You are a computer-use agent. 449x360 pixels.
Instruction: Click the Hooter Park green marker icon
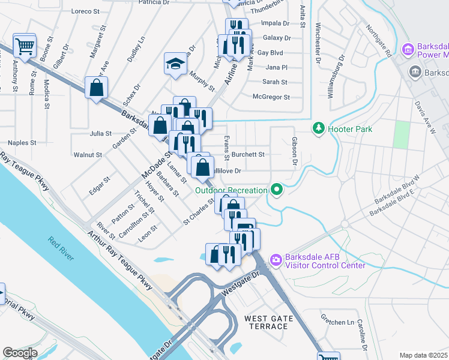click(x=318, y=128)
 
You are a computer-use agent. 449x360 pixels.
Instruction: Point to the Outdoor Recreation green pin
click(x=276, y=190)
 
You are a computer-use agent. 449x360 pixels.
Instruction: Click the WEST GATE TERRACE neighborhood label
click(x=268, y=322)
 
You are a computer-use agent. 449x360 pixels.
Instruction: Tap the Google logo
click(x=20, y=353)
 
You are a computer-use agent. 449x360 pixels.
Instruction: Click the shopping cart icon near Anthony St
click(x=25, y=45)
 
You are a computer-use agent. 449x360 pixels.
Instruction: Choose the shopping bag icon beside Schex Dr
click(x=96, y=88)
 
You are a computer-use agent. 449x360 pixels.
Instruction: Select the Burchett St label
click(x=249, y=154)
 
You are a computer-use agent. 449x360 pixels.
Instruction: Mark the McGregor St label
click(x=271, y=97)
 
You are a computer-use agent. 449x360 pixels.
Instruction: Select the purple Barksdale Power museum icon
click(x=408, y=49)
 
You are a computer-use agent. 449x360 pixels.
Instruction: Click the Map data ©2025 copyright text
click(x=423, y=355)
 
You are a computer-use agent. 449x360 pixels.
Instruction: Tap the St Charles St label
click(x=199, y=213)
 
